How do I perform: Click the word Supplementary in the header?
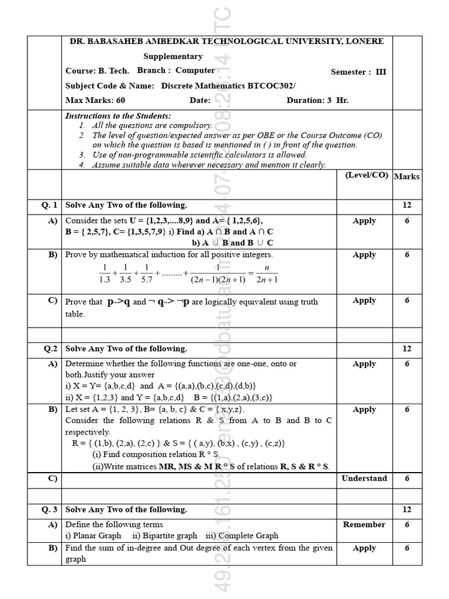coord(173,57)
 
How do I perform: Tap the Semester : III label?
coord(358,72)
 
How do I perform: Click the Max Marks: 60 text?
coord(95,100)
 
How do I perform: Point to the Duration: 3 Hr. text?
coord(317,100)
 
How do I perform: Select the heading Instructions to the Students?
coord(118,116)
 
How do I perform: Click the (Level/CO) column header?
coord(367,175)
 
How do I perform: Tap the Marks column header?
coord(406,176)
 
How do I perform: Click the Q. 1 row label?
coord(49,205)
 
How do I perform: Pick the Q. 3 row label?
coord(49,510)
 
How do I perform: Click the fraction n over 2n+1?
coord(267,273)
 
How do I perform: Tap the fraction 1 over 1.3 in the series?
coord(105,273)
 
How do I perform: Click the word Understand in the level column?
coord(364,478)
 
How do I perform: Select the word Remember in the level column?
coord(364,525)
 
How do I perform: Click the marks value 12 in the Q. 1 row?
coord(406,205)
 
